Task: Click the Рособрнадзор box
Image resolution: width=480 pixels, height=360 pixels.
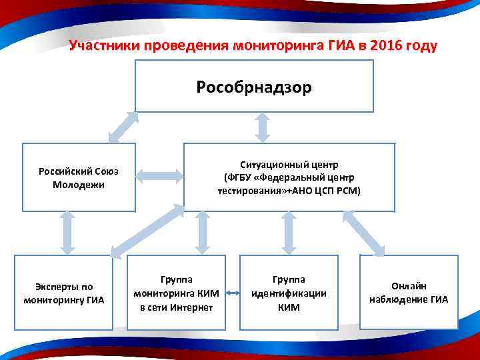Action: tap(254, 87)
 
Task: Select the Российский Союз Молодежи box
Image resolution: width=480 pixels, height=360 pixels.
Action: tap(79, 177)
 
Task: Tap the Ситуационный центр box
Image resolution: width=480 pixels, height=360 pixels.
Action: tap(289, 177)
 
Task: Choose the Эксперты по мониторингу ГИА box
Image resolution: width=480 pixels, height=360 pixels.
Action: tap(60, 293)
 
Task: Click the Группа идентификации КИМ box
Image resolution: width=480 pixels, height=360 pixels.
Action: tap(288, 293)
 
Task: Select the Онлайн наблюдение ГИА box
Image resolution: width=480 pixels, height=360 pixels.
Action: tap(409, 293)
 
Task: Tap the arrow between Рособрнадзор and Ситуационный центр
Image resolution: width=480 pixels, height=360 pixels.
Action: tap(262, 127)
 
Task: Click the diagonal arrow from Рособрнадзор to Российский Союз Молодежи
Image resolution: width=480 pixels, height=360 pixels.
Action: tap(123, 127)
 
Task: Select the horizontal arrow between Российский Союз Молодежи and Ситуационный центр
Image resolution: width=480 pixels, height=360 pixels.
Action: tap(159, 177)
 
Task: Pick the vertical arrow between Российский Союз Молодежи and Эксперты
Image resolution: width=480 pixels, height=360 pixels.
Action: tap(66, 232)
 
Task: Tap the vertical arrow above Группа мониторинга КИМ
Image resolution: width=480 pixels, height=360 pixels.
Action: tap(202, 232)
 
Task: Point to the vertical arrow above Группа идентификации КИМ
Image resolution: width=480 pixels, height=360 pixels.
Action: tap(288, 232)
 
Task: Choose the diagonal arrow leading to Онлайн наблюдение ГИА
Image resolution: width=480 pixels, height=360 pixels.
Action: tap(363, 233)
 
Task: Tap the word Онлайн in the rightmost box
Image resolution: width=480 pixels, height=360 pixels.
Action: tap(409, 285)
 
